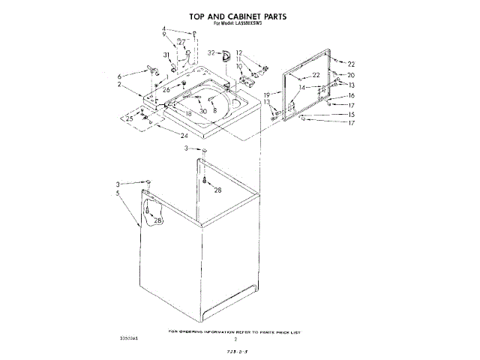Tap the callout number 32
point(211,52)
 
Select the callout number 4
point(163,29)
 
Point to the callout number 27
point(181,42)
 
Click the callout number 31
point(166,55)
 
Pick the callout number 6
point(118,76)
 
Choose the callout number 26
point(166,89)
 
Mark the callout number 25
point(129,118)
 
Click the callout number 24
point(184,135)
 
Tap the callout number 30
point(203,111)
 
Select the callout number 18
point(189,112)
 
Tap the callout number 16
point(351,96)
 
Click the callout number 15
point(351,114)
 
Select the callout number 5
point(118,193)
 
